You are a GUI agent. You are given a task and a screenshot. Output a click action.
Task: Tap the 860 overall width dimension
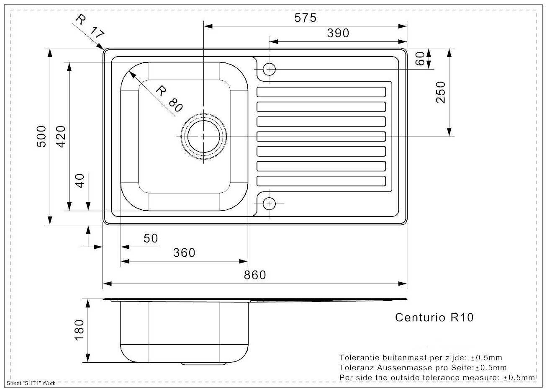tap(254, 275)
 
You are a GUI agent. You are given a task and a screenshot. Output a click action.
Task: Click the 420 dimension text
tap(61, 136)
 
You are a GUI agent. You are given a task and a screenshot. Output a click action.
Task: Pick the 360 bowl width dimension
tap(184, 253)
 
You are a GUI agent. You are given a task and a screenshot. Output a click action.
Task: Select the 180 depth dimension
tap(79, 330)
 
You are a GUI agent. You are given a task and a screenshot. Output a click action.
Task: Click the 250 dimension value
tap(440, 92)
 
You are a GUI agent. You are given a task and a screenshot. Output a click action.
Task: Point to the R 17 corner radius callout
tap(90, 26)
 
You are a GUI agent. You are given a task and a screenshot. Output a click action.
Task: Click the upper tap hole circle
tap(269, 68)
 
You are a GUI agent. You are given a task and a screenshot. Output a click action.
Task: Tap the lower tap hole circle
tap(269, 204)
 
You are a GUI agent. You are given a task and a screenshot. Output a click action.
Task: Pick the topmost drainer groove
tap(321, 92)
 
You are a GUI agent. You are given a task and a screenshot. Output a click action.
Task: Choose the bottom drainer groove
tap(321, 181)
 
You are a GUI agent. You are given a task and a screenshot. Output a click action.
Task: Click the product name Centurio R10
tap(434, 317)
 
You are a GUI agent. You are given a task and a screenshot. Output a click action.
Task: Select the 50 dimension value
tap(151, 238)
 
